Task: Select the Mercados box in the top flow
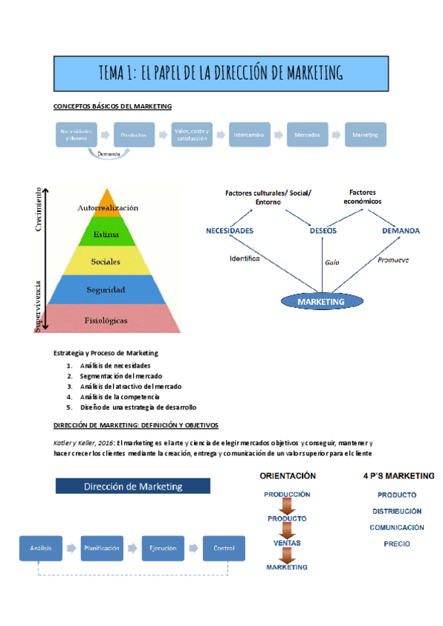pyautogui.click(x=306, y=136)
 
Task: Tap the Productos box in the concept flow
pyautogui.click(x=134, y=136)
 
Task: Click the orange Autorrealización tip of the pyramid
pyautogui.click(x=108, y=207)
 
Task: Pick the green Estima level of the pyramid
pyautogui.click(x=108, y=235)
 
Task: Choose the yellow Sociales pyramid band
pyautogui.click(x=108, y=261)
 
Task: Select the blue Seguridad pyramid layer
pyautogui.click(x=108, y=289)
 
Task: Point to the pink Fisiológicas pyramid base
pyautogui.click(x=108, y=320)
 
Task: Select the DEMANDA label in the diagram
pyautogui.click(x=401, y=231)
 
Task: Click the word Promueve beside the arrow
pyautogui.click(x=393, y=260)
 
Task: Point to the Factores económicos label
pyautogui.click(x=362, y=196)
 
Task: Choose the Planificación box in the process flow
pyautogui.click(x=102, y=548)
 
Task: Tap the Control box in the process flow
pyautogui.click(x=224, y=548)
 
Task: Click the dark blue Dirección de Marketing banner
pyautogui.click(x=133, y=486)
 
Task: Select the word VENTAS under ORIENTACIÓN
pyautogui.click(x=287, y=543)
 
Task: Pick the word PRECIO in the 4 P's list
pyautogui.click(x=396, y=544)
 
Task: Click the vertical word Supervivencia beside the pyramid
pyautogui.click(x=38, y=303)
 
